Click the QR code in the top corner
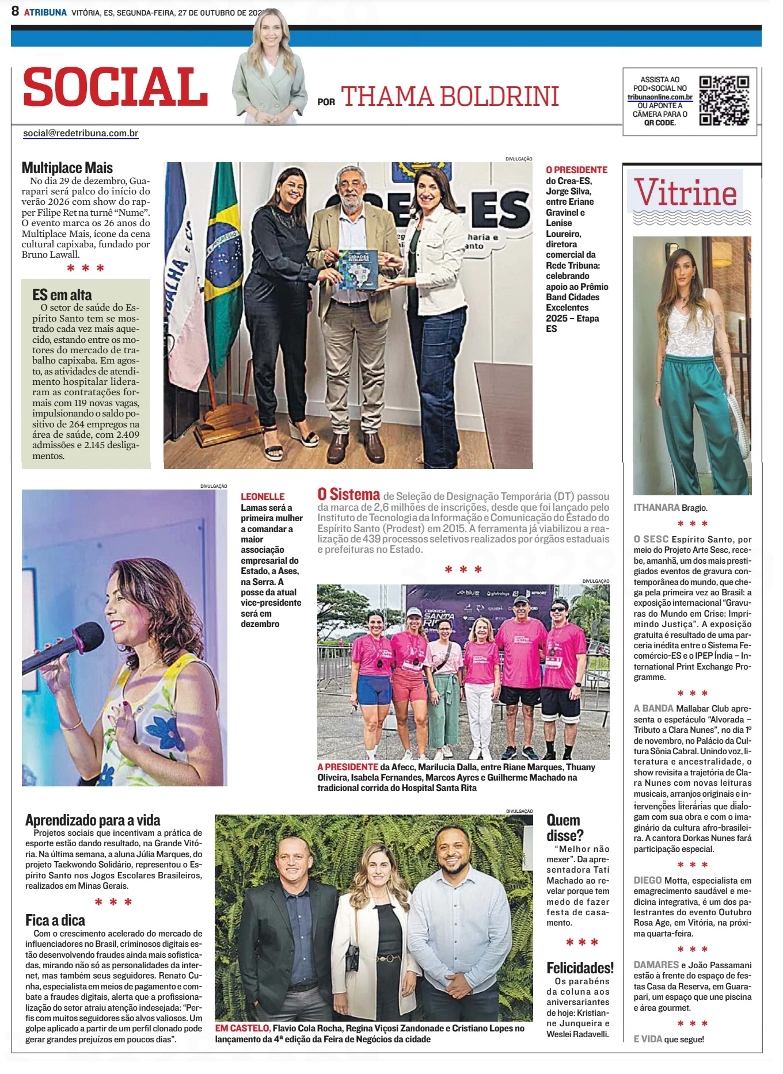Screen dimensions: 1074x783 click(724, 101)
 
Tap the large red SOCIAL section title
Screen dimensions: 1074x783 click(115, 87)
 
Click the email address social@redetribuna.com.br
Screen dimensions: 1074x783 click(81, 133)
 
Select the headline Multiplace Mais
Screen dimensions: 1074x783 click(67, 168)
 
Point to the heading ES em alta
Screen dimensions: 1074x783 click(62, 295)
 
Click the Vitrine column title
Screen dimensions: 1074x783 click(685, 193)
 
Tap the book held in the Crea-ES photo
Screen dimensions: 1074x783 click(358, 269)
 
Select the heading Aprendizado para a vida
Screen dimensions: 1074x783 click(93, 820)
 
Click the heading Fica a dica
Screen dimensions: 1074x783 click(55, 920)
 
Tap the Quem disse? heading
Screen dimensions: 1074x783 click(564, 828)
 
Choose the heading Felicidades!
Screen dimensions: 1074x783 click(580, 968)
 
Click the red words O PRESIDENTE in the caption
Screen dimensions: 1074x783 click(576, 170)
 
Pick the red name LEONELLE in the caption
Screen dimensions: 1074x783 click(263, 496)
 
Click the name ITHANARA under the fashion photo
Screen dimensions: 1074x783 click(656, 508)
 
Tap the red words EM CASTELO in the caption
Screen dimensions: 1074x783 click(242, 1028)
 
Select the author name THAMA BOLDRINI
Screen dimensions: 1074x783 click(450, 97)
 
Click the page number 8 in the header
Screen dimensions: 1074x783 click(15, 11)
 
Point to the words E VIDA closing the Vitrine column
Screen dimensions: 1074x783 click(648, 1039)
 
